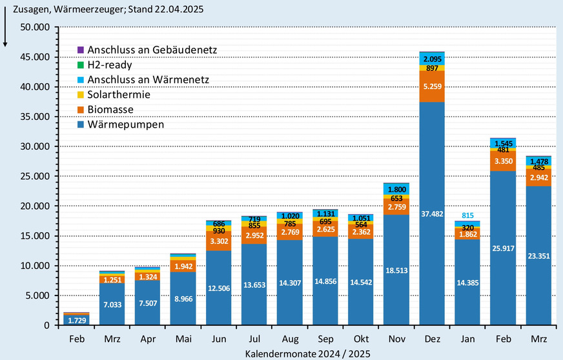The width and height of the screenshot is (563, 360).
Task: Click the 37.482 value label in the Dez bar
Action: coord(432,214)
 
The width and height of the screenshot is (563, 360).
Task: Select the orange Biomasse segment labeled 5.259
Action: coord(432,86)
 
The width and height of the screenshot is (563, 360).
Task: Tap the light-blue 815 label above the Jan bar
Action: coord(467,215)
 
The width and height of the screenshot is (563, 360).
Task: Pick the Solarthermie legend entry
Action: coord(119,94)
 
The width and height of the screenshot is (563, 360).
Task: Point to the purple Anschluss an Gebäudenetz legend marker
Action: coord(80,50)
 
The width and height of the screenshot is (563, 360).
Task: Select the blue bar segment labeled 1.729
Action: coord(77,319)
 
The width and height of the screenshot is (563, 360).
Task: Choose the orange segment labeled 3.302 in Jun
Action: coord(219,241)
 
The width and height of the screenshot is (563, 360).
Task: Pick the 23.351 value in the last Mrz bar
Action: coord(538,255)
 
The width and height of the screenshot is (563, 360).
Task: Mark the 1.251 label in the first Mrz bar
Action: coord(112,279)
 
